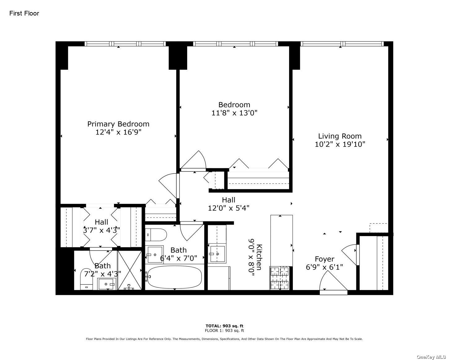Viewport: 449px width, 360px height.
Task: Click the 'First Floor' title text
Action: [x=24, y=13]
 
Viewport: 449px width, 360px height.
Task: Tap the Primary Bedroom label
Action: [x=118, y=124]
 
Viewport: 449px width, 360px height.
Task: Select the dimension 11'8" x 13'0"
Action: [x=234, y=113]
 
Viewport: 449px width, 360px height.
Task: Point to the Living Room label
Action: [x=340, y=136]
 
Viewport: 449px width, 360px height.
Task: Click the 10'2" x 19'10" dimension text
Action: [x=340, y=144]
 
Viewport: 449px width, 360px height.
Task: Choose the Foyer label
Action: [x=324, y=259]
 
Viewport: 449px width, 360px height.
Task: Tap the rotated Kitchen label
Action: [x=259, y=257]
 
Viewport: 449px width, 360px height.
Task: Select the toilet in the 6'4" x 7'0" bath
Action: [x=156, y=235]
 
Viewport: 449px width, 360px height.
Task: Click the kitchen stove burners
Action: [x=280, y=278]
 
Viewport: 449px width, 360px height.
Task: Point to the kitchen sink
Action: [x=217, y=254]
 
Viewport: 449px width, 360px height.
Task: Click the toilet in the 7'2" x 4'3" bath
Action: [x=86, y=279]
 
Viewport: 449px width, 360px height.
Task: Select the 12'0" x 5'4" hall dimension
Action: [x=229, y=208]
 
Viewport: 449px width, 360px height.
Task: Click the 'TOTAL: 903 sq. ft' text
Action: [x=224, y=326]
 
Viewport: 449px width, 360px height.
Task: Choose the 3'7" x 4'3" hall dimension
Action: [x=102, y=230]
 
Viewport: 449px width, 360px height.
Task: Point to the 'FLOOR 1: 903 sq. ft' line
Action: [x=224, y=331]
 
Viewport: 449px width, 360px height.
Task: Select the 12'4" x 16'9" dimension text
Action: [x=118, y=132]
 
